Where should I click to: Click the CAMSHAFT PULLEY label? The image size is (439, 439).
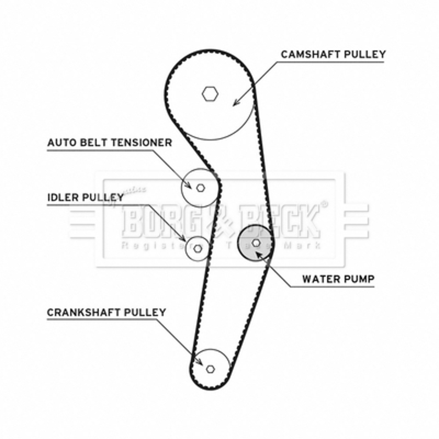tap(334, 54)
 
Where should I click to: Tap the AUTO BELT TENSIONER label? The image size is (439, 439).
tap(110, 143)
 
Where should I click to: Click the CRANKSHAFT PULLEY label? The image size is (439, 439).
tap(106, 312)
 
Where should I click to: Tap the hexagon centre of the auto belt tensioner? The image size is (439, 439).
tap(200, 187)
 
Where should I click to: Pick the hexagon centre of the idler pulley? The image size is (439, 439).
tap(198, 249)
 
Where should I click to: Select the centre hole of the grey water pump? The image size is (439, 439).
tap(255, 243)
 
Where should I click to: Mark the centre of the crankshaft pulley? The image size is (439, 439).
tap(210, 367)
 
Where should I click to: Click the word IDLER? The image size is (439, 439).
tap(64, 196)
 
